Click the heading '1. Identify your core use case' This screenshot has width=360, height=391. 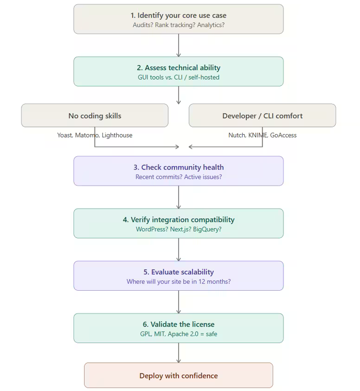[179, 15]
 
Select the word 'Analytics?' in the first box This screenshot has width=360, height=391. [209, 25]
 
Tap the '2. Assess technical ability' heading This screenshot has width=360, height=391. [179, 67]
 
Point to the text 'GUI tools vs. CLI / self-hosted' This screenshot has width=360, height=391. [179, 77]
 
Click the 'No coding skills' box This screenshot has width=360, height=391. [94, 116]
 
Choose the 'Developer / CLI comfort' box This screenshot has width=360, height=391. [262, 116]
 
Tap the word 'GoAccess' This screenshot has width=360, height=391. [283, 135]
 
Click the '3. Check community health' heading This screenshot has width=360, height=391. [179, 167]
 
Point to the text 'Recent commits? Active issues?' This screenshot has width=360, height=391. [179, 177]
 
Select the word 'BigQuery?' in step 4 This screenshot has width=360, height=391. [207, 229]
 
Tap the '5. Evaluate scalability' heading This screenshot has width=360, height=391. [179, 272]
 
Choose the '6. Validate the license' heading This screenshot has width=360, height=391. [179, 324]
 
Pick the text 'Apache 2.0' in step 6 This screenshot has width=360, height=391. [184, 334]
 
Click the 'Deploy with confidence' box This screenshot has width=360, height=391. [179, 376]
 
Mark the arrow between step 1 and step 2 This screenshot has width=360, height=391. [179, 45]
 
